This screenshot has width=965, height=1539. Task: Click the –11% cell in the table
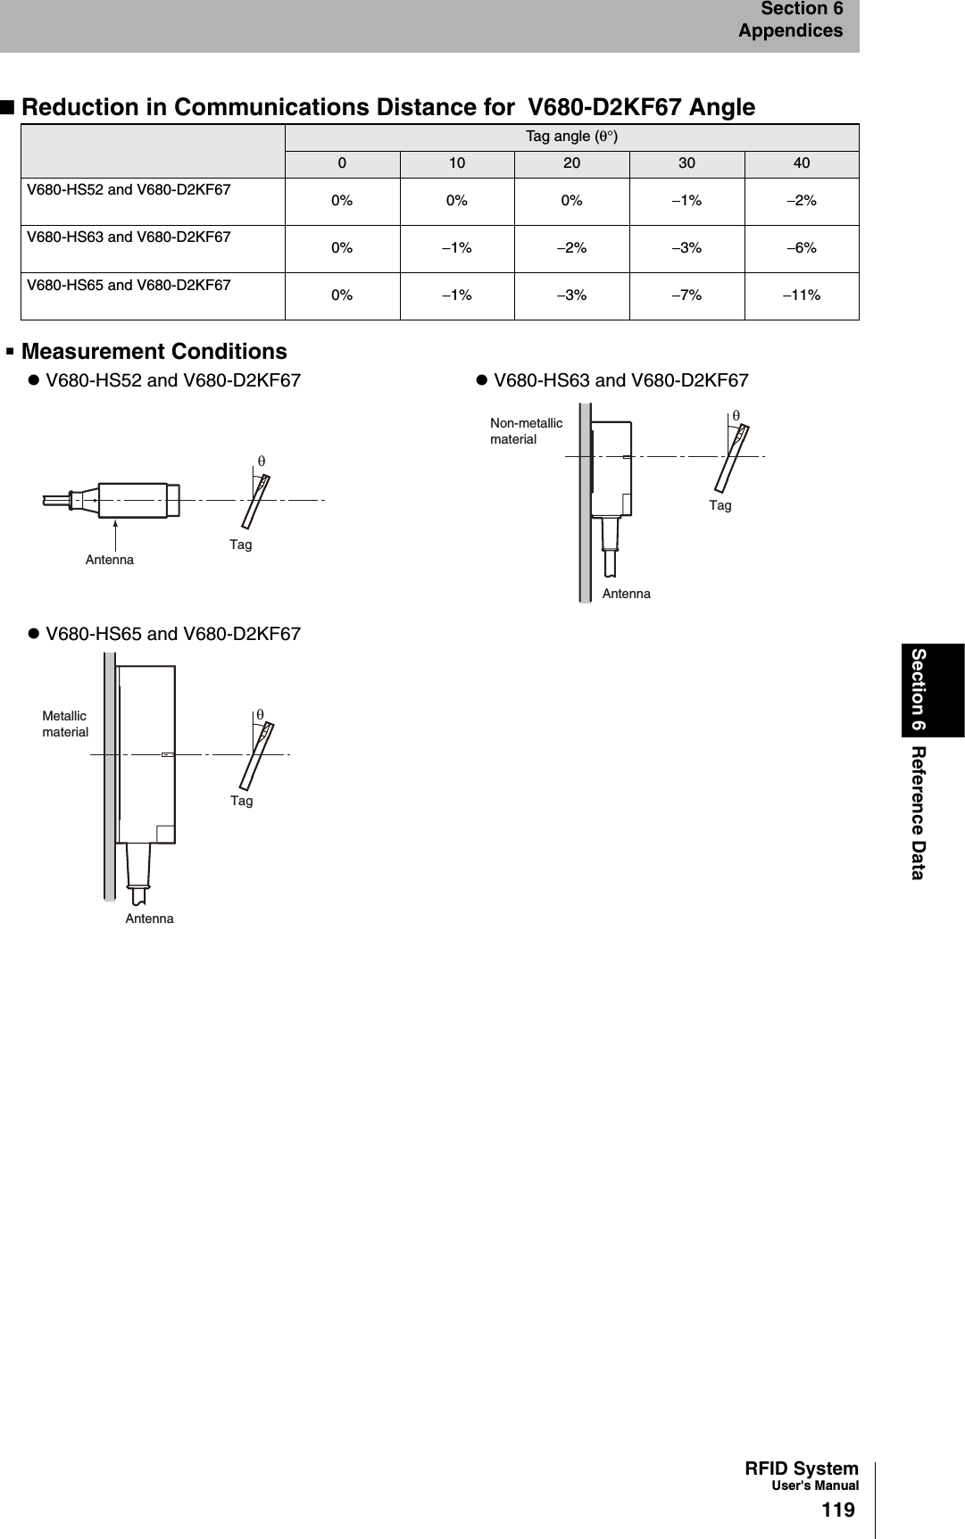coord(802,295)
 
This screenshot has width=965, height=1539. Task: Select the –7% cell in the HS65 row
coord(686,295)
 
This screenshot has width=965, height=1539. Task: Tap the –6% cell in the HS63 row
coord(802,248)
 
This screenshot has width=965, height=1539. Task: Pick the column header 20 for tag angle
coord(571,163)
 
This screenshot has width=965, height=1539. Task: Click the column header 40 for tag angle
coord(802,163)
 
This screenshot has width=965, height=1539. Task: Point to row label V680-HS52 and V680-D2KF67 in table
coord(129,190)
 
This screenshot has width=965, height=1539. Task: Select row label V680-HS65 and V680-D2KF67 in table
coord(129,286)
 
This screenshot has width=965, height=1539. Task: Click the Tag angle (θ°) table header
coord(571,137)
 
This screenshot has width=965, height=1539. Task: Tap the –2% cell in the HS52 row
coord(802,201)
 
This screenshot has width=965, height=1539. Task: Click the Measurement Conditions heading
coord(154,352)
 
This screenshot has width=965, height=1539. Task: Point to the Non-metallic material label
coord(526,431)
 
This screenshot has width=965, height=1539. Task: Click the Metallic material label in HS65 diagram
coord(65,724)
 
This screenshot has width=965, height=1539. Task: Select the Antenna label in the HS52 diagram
coord(110,560)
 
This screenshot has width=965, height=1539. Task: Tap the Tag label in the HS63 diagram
coord(720,506)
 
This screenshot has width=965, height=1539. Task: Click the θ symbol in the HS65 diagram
coord(260,715)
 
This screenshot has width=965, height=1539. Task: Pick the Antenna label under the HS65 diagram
coord(149,919)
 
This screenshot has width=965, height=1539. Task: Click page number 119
coord(837,1510)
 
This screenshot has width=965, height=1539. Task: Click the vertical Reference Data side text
coord(919,811)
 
